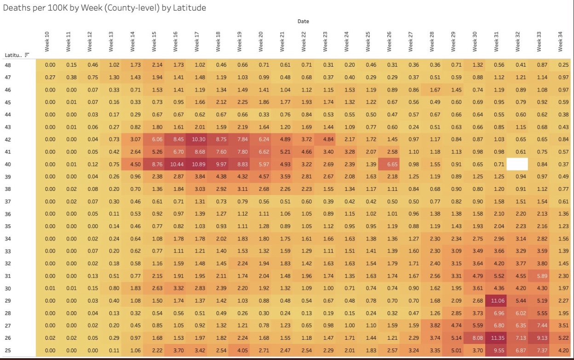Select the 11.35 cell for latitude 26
pos(496,338)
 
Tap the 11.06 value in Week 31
pos(496,301)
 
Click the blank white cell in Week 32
pos(517,165)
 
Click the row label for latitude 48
pos(8,65)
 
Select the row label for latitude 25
pos(8,350)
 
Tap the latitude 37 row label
pos(8,202)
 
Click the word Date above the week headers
pos(303,21)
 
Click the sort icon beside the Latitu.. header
pos(27,55)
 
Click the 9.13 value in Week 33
pos(539,338)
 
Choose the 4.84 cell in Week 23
pos(325,140)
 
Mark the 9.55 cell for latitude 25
pos(496,350)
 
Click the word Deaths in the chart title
pos(15,8)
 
